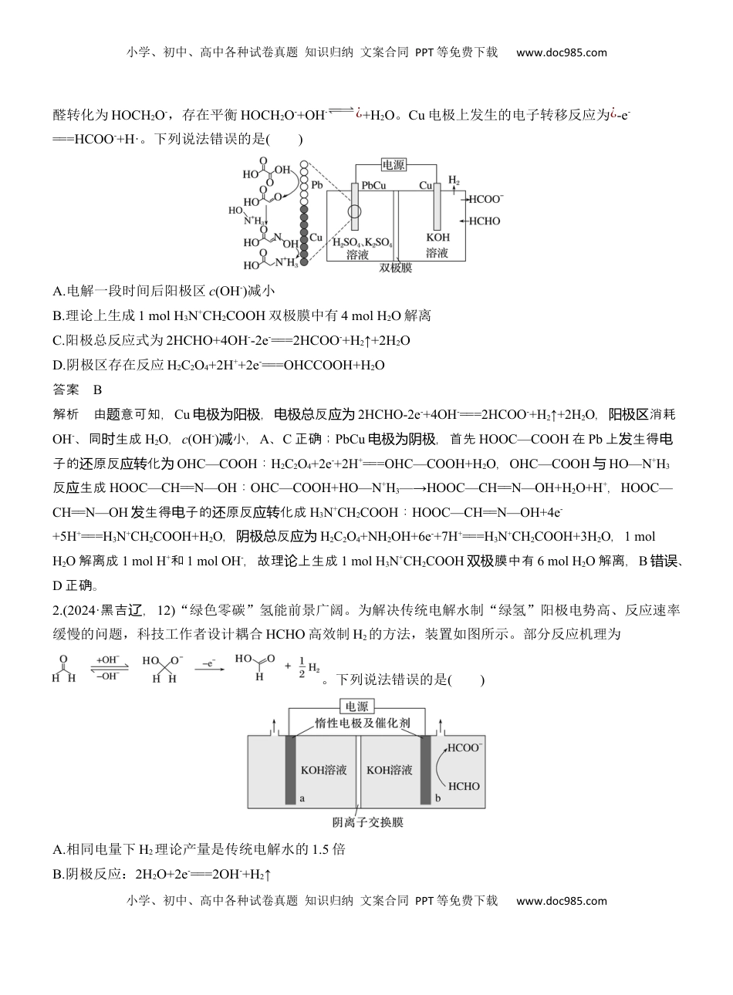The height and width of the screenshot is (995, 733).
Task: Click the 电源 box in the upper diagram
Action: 394,165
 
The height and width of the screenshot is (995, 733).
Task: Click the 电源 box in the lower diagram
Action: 357,707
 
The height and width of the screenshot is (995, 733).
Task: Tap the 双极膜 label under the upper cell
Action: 396,269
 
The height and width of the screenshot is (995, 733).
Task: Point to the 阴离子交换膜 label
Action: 368,822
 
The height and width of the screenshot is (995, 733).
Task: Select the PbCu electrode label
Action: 373,186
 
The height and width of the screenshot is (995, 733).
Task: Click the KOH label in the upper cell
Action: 437,238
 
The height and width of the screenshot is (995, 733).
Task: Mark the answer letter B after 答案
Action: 97,390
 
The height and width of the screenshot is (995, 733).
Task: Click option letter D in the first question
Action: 58,365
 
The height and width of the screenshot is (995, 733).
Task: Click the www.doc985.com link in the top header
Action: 561,52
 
